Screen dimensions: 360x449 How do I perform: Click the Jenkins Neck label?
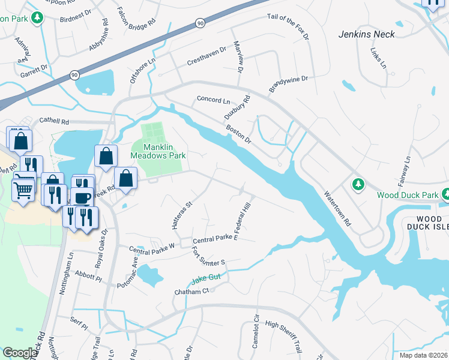(366, 34)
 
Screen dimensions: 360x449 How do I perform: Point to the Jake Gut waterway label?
(206, 279)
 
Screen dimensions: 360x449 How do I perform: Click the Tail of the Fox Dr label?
(288, 28)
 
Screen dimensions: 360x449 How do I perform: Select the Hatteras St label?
(181, 214)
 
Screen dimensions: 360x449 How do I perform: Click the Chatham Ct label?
(190, 291)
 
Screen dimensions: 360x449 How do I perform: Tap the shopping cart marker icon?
(23, 190)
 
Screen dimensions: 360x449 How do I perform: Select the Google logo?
(19, 353)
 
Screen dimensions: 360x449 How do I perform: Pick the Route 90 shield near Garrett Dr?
(74, 75)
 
